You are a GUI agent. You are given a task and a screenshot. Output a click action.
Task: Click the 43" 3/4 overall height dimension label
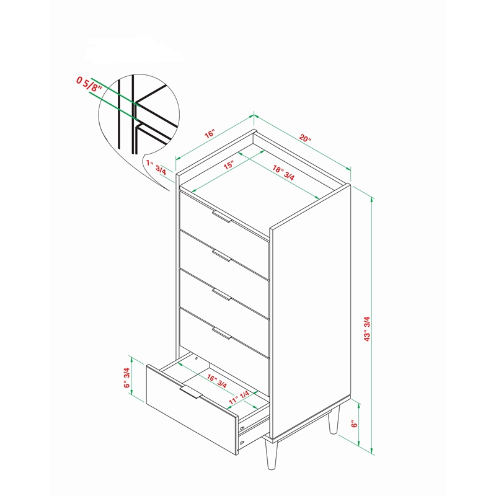367,329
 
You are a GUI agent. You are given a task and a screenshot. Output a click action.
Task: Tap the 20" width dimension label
305,138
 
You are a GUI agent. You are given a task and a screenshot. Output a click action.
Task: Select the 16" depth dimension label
210,133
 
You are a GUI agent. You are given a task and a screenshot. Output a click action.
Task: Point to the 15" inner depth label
228,165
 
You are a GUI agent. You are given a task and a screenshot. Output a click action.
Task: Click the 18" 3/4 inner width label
283,173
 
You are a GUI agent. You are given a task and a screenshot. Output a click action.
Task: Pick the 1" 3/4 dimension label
156,167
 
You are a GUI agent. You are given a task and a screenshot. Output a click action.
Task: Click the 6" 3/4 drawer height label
126,378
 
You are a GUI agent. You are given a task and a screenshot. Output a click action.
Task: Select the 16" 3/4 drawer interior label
217,381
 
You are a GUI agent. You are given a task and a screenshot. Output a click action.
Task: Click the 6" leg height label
354,423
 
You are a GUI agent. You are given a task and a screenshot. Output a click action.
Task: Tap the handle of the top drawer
222,216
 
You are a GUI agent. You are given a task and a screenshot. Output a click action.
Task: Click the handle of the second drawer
222,255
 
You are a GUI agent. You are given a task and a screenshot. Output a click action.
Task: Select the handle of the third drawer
222,294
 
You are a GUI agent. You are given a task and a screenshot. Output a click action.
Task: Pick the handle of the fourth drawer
222,334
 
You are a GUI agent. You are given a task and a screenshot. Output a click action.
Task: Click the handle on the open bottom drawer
191,392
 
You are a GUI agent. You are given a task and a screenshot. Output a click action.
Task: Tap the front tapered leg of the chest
271,454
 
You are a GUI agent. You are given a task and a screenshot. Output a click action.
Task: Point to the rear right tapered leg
334,419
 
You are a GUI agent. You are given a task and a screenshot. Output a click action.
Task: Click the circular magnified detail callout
139,115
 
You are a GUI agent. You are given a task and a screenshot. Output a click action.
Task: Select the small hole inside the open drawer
196,359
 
